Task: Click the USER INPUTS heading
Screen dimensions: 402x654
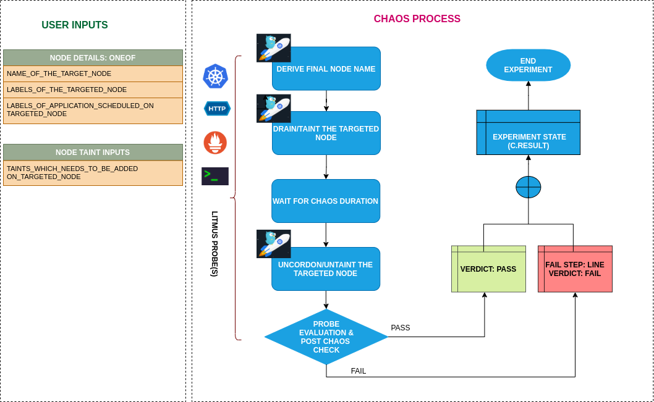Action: click(x=74, y=25)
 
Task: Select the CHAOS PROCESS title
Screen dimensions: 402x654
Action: click(x=417, y=19)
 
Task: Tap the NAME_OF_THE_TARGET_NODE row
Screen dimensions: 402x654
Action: click(x=93, y=73)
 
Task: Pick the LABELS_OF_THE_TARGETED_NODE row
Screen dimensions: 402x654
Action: click(x=93, y=90)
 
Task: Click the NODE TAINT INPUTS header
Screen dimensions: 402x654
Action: click(x=93, y=153)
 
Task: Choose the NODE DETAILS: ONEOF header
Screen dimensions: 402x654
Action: click(x=93, y=58)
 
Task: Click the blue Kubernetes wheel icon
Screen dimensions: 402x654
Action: click(x=216, y=76)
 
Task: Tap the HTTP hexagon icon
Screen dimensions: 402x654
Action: click(x=217, y=109)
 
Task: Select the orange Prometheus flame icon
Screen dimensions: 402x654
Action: click(x=215, y=143)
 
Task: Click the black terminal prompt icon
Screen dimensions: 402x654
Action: click(x=214, y=176)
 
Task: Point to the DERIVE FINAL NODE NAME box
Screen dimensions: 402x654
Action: click(x=326, y=69)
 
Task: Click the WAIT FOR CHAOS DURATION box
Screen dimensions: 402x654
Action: click(x=326, y=201)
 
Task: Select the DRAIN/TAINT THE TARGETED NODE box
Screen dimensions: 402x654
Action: click(x=326, y=133)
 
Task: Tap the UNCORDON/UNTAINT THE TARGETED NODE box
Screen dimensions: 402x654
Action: click(x=326, y=269)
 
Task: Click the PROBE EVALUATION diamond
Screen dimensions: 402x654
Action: click(x=326, y=337)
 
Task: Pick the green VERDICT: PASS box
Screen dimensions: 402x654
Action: click(x=488, y=269)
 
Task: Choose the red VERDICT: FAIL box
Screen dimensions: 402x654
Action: click(x=575, y=269)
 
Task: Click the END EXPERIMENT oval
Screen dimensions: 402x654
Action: click(x=528, y=65)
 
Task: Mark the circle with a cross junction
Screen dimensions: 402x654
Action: click(x=528, y=187)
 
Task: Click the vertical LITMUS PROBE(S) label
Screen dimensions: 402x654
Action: click(x=214, y=243)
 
